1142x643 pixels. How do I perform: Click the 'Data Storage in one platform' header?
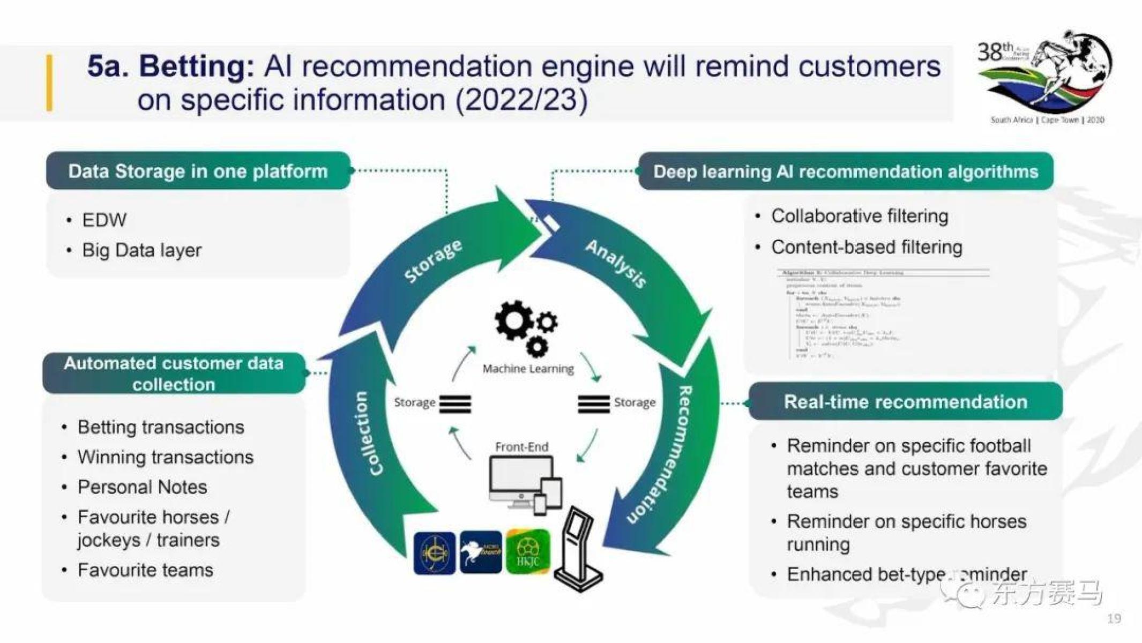pyautogui.click(x=198, y=171)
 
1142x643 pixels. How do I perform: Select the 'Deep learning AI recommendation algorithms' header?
pyautogui.click(x=845, y=171)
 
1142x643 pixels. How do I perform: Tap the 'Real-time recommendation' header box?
pyautogui.click(x=905, y=402)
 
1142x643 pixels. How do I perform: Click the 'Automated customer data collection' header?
pyautogui.click(x=173, y=373)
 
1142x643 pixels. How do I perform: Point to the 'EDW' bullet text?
pyautogui.click(x=105, y=220)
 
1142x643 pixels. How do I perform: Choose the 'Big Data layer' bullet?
pyautogui.click(x=141, y=250)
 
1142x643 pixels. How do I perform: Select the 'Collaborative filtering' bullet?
pyautogui.click(x=859, y=216)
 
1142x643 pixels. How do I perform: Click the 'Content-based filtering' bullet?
pyautogui.click(x=866, y=247)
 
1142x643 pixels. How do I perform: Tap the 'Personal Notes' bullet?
pyautogui.click(x=142, y=487)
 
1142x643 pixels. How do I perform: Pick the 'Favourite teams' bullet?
pyautogui.click(x=145, y=570)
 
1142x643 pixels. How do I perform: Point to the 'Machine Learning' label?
pyautogui.click(x=528, y=369)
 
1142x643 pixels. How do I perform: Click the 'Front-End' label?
pyautogui.click(x=521, y=446)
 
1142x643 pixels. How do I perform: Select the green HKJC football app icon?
pyautogui.click(x=528, y=551)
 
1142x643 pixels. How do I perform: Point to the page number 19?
pyautogui.click(x=1114, y=618)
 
